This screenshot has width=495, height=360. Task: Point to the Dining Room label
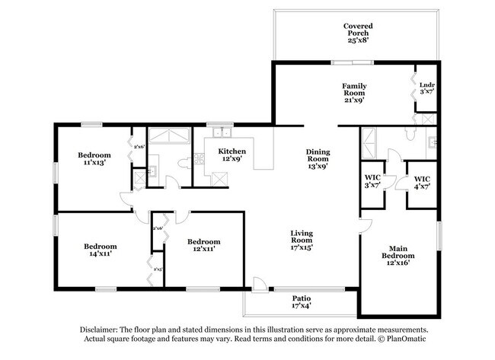[x=318, y=157]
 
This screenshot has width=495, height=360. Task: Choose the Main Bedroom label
[x=399, y=253]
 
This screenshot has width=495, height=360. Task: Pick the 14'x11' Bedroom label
[x=101, y=250]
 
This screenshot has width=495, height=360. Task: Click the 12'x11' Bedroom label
[x=203, y=245]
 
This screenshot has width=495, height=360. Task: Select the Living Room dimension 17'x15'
[x=302, y=247]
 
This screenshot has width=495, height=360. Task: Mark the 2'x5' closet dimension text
[x=158, y=269]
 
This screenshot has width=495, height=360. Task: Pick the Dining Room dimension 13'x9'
[x=318, y=166]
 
